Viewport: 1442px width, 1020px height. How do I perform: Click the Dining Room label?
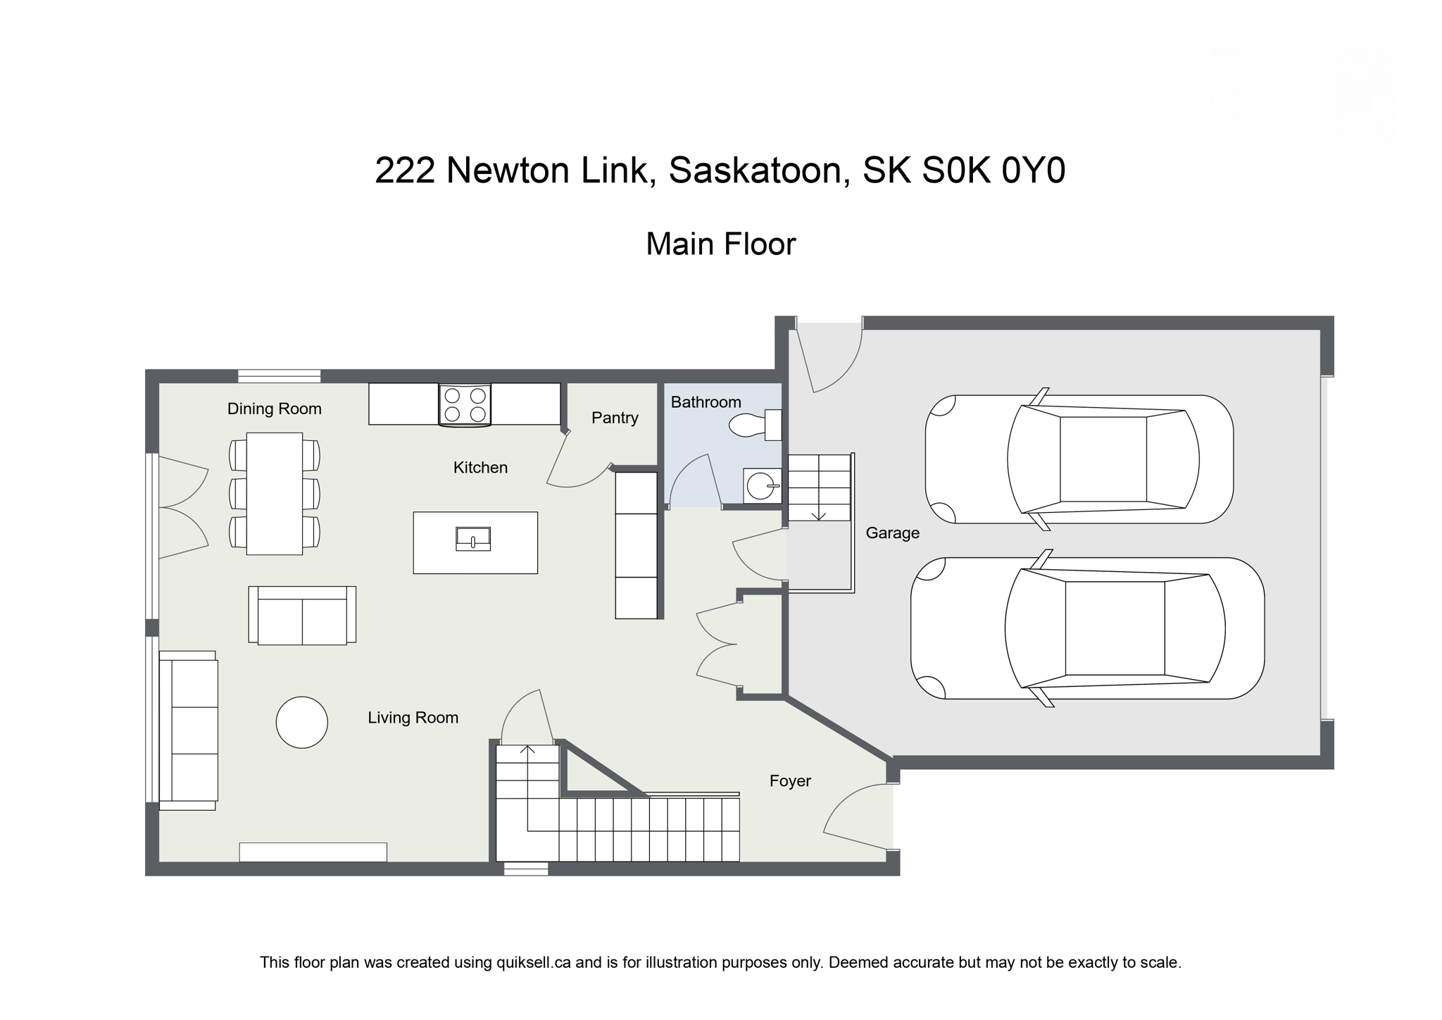tap(274, 409)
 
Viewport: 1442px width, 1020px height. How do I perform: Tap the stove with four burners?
tap(465, 405)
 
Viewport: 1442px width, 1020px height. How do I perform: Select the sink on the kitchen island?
tap(473, 539)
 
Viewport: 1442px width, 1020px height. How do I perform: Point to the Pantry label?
tap(615, 418)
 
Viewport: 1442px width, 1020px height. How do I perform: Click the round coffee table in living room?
tap(301, 722)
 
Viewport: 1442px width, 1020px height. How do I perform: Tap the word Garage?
tap(892, 533)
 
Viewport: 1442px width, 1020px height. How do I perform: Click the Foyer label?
tap(790, 780)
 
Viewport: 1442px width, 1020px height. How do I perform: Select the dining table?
tap(274, 493)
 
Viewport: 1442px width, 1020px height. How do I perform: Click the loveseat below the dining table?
tap(302, 616)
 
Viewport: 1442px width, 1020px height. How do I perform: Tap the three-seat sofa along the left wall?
tap(188, 730)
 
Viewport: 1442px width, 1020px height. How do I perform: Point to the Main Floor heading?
tap(720, 244)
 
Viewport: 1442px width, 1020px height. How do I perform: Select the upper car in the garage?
tap(1079, 459)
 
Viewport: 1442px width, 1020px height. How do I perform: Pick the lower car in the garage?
tap(1088, 628)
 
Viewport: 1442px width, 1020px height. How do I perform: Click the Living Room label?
tap(413, 718)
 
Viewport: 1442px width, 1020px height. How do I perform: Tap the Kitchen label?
tap(480, 468)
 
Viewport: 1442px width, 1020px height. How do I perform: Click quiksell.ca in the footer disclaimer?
tap(533, 962)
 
